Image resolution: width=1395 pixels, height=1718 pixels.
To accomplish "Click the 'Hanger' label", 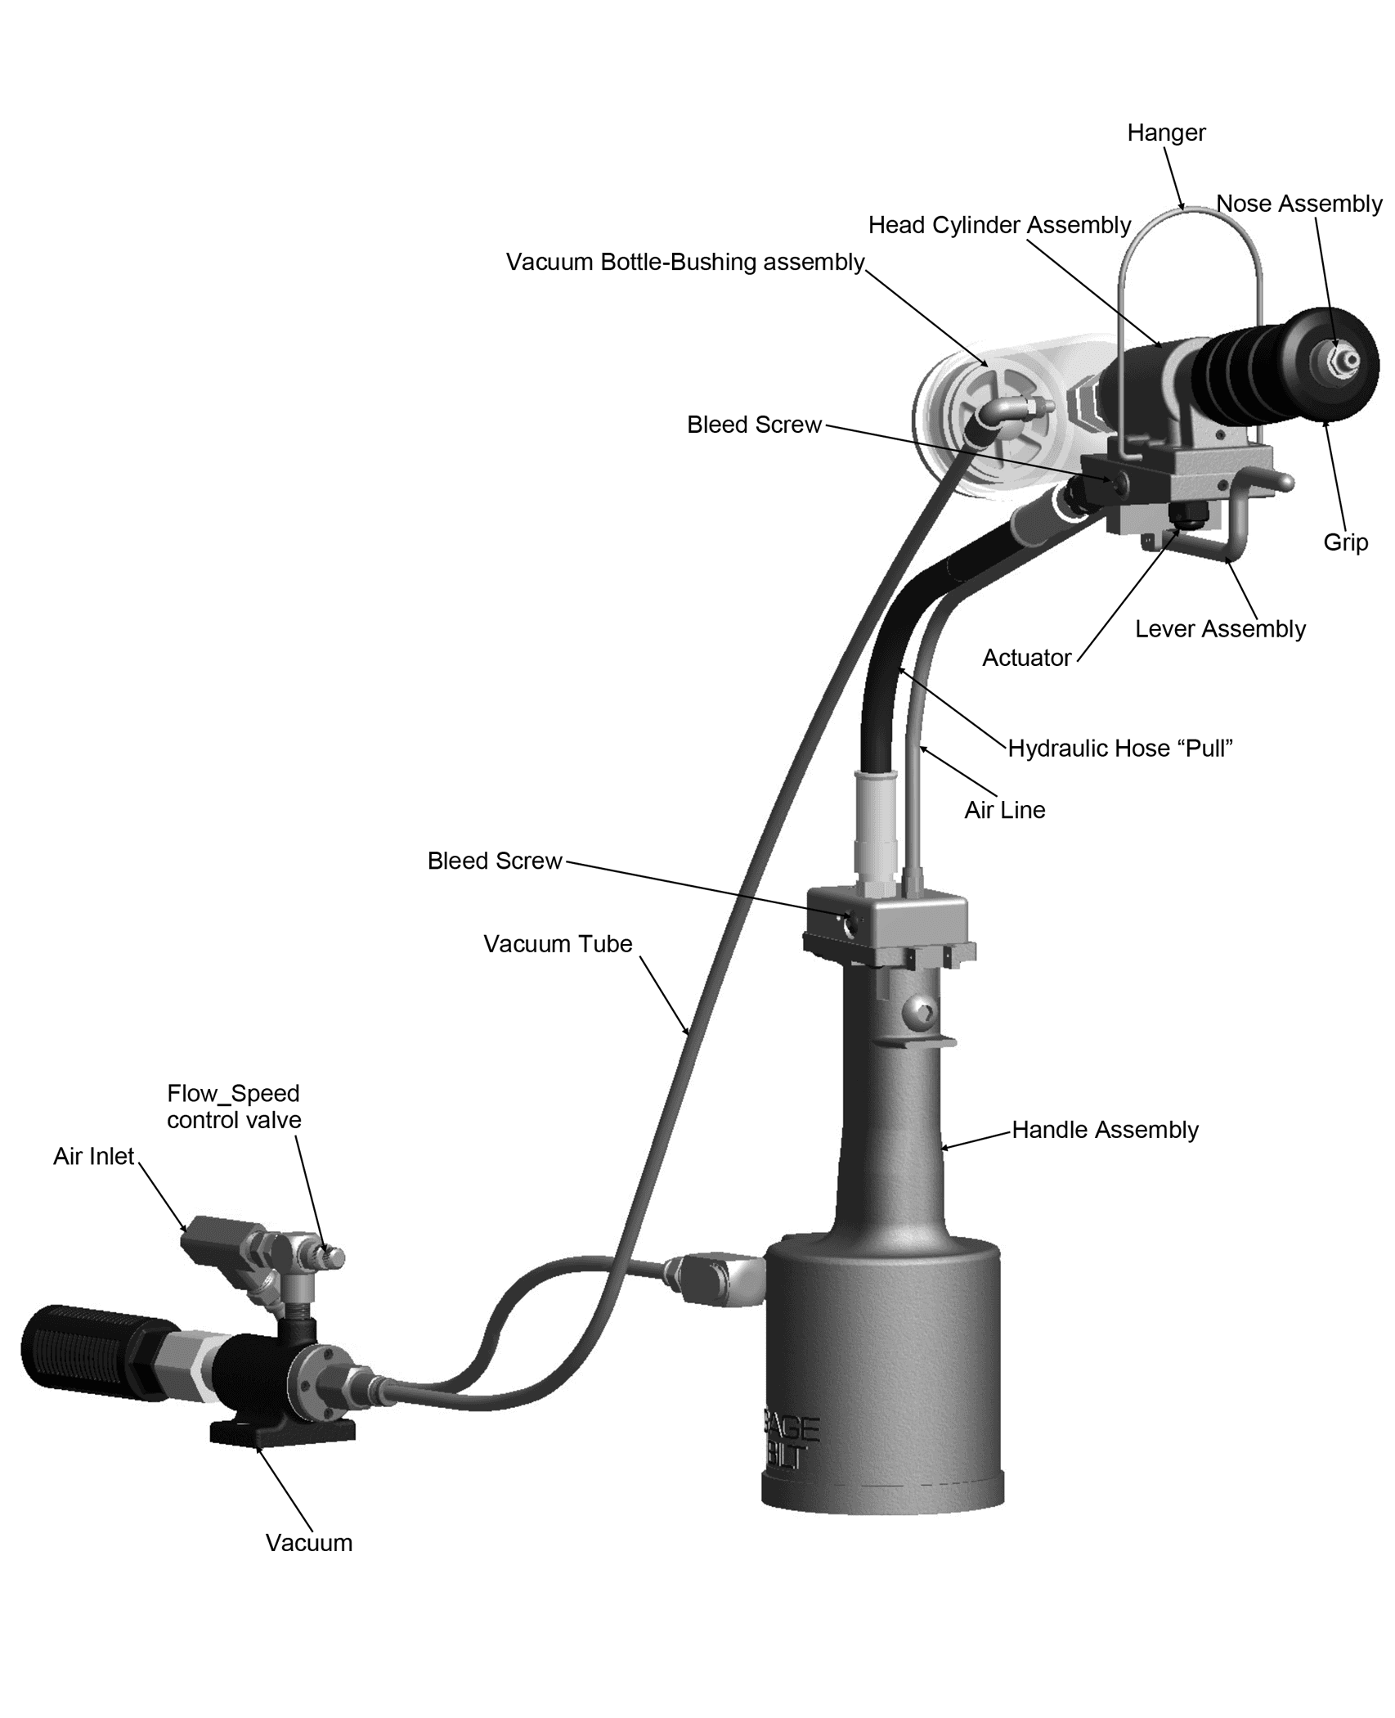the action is click(x=1166, y=133).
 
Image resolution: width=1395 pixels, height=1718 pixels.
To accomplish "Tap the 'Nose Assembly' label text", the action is click(x=1299, y=203).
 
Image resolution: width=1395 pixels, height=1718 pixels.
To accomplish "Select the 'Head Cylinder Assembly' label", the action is click(x=999, y=225).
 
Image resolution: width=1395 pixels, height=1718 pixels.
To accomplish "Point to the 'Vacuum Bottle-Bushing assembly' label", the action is click(x=685, y=262).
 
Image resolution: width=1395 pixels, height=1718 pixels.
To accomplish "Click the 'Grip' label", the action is click(x=1346, y=542).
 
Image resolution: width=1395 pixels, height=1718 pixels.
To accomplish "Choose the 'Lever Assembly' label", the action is click(x=1220, y=629).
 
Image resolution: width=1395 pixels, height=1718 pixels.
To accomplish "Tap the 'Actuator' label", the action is click(x=1026, y=658).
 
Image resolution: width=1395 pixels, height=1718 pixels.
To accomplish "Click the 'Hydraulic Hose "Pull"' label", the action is click(x=1120, y=749).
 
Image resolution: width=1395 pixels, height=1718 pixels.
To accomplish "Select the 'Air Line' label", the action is click(x=1005, y=810).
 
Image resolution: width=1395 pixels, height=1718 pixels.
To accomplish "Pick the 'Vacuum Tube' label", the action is click(x=558, y=943).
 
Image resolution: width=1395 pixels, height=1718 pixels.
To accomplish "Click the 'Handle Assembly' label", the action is click(x=1106, y=1130).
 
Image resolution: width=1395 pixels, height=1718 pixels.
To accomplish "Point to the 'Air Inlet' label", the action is click(x=94, y=1156).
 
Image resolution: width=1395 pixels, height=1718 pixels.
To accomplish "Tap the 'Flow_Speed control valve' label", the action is click(x=234, y=1106).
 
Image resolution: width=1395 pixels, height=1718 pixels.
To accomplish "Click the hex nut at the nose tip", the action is click(x=1342, y=359).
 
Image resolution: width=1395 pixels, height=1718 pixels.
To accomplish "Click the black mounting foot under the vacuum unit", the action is click(x=283, y=1431).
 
